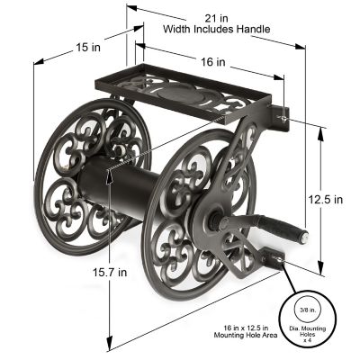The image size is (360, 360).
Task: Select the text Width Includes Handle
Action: pos(216,30)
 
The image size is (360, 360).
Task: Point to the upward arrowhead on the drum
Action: pos(109,176)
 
